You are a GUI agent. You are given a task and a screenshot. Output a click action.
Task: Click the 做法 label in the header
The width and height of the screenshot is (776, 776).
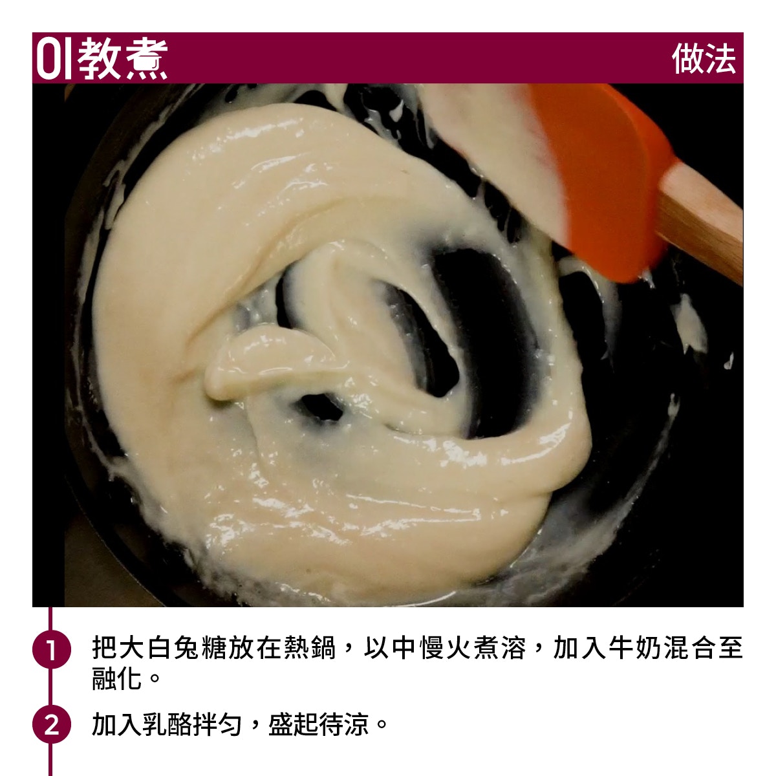click(x=704, y=59)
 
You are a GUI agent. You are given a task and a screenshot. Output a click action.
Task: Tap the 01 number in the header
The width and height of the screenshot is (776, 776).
click(x=54, y=59)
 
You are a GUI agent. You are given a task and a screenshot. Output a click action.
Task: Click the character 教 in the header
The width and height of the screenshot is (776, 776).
click(x=100, y=59)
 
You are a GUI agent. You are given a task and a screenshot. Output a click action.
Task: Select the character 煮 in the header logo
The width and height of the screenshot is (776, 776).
click(x=147, y=59)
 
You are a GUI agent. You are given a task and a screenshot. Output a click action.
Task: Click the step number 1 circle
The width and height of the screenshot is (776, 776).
click(x=51, y=649)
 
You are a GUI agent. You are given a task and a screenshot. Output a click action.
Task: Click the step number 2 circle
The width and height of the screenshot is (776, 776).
click(x=51, y=725)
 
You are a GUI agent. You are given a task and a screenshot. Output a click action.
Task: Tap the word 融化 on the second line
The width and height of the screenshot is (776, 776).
click(x=117, y=678)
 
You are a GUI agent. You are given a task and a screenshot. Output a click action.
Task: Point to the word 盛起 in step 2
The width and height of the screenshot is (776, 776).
click(x=293, y=724)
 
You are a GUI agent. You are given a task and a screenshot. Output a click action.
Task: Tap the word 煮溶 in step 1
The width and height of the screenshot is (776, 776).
click(x=500, y=648)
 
